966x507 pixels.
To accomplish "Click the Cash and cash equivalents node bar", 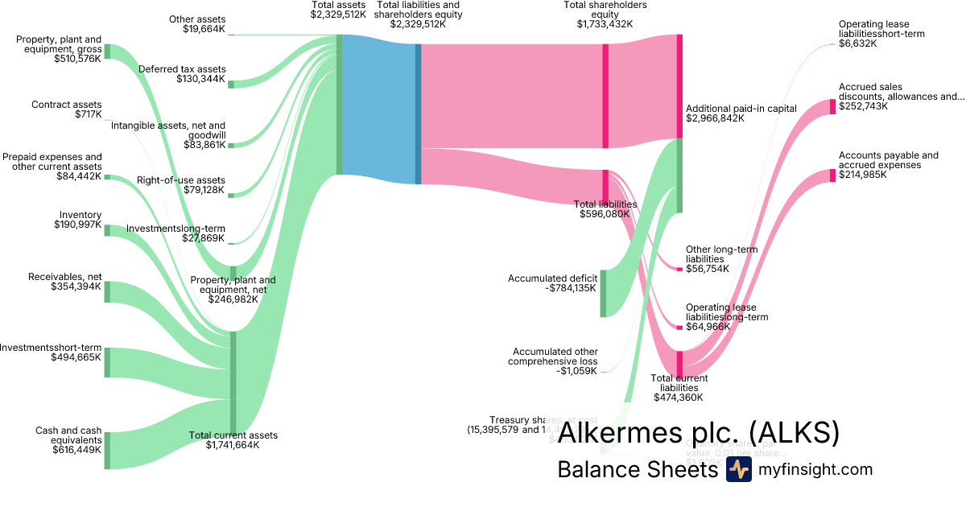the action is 107,450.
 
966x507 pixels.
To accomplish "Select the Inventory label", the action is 80,215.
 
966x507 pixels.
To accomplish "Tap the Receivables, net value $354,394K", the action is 76,286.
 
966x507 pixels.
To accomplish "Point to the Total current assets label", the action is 233,435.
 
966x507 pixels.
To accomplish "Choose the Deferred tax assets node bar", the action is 231,84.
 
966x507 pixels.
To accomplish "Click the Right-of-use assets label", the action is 181,180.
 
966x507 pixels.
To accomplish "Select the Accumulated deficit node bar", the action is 603,294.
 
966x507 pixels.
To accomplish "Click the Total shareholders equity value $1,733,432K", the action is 605,24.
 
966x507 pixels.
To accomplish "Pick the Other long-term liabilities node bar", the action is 679,269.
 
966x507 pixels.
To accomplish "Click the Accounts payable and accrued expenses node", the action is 833,175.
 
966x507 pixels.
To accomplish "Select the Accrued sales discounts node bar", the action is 833,106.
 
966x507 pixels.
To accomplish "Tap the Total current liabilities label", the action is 679,378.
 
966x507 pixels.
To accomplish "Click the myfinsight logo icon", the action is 738,470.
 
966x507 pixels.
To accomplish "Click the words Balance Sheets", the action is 636,470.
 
